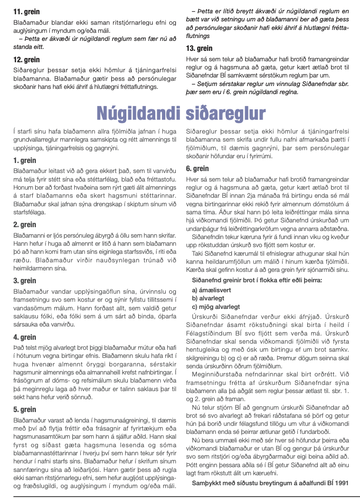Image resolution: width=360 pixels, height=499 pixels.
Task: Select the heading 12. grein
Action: pos(27,60)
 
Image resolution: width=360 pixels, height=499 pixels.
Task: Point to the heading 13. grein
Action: pos(199,48)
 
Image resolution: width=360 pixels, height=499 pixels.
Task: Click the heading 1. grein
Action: pos(25,160)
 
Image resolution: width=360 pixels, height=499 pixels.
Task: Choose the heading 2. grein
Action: pos(25,224)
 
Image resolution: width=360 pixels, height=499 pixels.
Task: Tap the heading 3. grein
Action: pos(25,281)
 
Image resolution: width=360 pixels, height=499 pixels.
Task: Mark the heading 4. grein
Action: pos(25,337)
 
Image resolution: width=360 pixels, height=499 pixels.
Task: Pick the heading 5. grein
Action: pos(25,409)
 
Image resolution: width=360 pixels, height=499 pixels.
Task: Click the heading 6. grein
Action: pos(198,168)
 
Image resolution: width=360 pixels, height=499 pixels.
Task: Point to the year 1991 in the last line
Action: pos(341,483)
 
